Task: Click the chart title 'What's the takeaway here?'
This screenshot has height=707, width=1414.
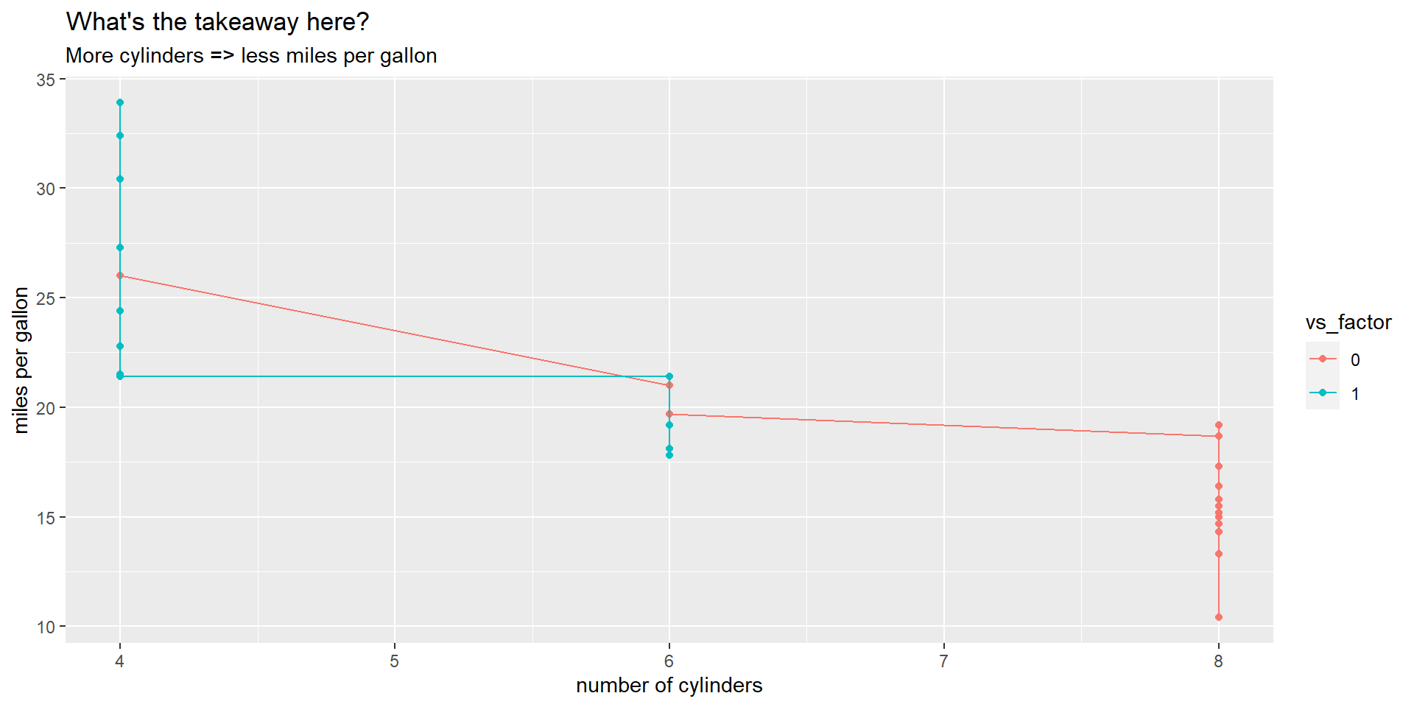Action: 217,22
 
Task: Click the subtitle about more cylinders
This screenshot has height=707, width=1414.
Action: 251,56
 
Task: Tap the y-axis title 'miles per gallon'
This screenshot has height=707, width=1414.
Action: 21,360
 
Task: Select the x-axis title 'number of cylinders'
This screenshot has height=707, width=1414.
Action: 669,686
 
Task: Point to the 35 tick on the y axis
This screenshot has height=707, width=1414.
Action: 46,80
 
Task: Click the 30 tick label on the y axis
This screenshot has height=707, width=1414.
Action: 46,189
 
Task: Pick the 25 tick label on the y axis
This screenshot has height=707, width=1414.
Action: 46,298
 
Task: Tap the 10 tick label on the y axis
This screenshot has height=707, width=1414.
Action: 46,627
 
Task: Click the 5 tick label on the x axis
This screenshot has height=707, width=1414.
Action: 394,661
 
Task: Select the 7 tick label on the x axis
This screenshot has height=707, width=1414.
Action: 943,661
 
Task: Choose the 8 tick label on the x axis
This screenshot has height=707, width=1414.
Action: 1218,661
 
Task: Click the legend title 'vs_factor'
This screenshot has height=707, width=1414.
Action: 1348,323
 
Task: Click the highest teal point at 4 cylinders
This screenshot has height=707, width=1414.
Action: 120,102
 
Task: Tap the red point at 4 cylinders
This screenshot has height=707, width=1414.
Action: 120,275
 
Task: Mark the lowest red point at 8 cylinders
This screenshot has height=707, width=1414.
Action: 1219,617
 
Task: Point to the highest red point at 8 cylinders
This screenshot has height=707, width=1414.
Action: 1219,425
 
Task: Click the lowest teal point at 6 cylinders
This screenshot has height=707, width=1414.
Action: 669,455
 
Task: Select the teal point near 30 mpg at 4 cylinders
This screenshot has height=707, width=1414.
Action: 120,179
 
